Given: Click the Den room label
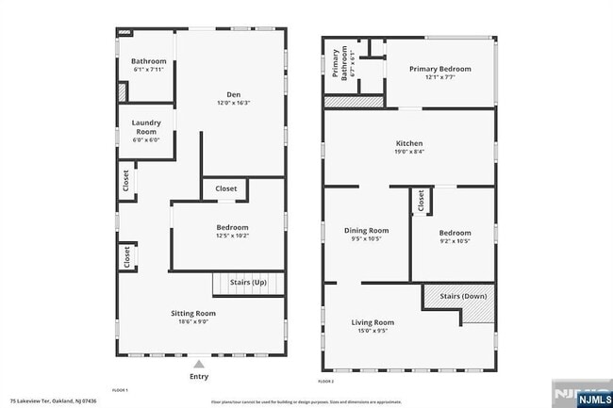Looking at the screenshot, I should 233,93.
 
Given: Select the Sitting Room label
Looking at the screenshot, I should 193,313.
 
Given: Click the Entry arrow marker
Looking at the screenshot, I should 198,363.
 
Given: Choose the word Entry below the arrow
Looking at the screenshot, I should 198,376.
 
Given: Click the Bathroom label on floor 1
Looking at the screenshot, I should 148,61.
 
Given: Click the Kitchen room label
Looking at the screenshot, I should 409,143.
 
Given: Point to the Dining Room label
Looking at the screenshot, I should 365,230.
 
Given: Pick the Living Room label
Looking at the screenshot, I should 373,323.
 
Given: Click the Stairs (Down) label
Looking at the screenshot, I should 463,297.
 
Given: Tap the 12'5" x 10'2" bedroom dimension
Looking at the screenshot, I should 232,237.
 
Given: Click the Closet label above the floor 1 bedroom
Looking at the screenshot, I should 226,189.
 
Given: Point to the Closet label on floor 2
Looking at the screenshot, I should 422,201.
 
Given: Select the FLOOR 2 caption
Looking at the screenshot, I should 326,381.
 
